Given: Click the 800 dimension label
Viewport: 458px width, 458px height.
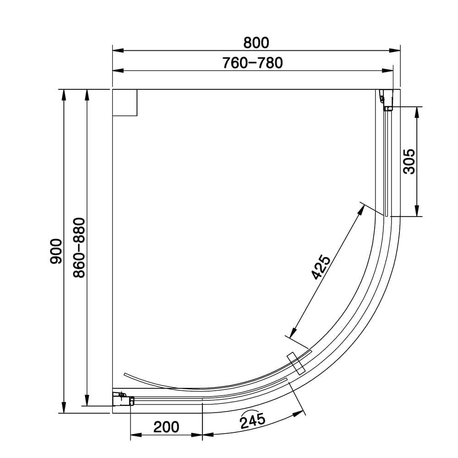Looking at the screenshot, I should [x=256, y=43].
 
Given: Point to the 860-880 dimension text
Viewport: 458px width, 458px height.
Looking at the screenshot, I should [x=79, y=248].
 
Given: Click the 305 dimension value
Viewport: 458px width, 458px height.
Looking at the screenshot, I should [x=409, y=161].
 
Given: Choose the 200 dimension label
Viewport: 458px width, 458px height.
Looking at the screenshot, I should [x=166, y=427].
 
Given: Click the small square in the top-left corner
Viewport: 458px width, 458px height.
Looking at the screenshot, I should [x=125, y=103].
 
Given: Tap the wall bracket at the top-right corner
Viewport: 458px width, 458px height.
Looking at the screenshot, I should [x=386, y=100].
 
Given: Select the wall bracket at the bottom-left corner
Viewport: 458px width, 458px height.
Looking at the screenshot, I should [x=122, y=398].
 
